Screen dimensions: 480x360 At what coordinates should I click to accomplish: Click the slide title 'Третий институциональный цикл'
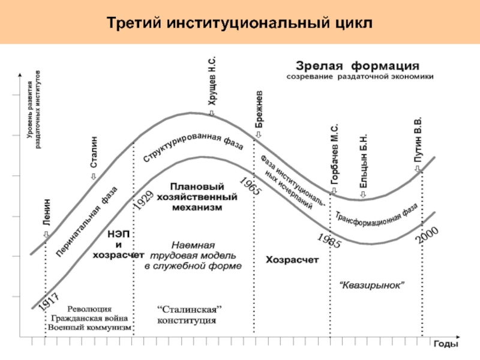pyautogui.click(x=240, y=22)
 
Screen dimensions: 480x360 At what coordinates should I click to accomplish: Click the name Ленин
pyautogui.click(x=46, y=212)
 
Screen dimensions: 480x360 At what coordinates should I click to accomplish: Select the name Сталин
pyautogui.click(x=94, y=153)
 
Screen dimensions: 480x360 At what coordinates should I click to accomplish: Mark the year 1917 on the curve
pyautogui.click(x=49, y=300)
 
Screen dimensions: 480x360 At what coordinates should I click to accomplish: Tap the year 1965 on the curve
pyautogui.click(x=249, y=187)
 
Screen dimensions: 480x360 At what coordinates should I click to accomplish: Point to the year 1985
pyautogui.click(x=328, y=239)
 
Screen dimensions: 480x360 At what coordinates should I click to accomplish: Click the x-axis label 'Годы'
pyautogui.click(x=446, y=344)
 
